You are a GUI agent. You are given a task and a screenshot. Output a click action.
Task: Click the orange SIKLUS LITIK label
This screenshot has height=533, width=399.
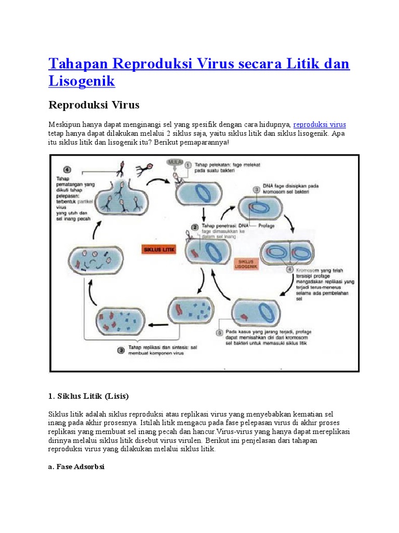159,250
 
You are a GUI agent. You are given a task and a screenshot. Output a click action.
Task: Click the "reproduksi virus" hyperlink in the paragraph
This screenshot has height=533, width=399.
320,125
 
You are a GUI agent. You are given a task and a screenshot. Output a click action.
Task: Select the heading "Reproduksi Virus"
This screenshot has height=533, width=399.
94,105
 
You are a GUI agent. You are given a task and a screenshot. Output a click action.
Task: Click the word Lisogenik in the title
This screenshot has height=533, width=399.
82,81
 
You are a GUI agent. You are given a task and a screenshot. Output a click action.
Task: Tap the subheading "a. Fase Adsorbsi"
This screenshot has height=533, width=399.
76,466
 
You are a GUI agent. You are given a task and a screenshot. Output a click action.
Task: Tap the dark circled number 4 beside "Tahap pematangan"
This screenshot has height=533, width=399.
66,169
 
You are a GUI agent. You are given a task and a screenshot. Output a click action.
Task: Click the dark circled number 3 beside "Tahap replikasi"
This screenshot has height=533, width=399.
121,350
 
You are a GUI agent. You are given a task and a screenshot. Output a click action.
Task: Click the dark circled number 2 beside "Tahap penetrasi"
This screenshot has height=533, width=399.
194,226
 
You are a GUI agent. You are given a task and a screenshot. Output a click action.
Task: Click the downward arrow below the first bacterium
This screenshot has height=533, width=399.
203,213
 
